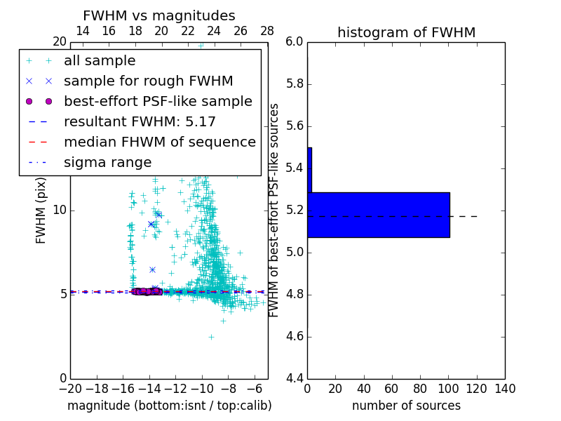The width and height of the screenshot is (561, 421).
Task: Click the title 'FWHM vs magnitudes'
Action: point(159,15)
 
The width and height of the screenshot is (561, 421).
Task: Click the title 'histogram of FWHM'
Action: point(406,32)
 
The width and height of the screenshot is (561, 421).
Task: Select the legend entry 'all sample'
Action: point(100,61)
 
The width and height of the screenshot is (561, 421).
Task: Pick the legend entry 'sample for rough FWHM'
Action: point(148,81)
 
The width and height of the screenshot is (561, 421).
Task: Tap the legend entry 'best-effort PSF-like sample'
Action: point(158,101)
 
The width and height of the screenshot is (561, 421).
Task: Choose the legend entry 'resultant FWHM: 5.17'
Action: point(140,121)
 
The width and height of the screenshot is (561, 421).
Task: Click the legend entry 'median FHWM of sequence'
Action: point(159,142)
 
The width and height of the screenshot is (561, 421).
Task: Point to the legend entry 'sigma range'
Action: point(107,162)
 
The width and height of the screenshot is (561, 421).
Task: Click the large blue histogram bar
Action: point(378,215)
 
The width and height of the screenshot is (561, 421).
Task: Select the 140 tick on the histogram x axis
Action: point(505,389)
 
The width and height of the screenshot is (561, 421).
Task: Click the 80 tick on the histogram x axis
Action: point(420,389)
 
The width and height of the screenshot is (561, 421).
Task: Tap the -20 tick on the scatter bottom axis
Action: point(70,389)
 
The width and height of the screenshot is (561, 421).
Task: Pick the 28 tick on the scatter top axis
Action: point(267,31)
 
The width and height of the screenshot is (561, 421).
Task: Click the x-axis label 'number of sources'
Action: point(406,406)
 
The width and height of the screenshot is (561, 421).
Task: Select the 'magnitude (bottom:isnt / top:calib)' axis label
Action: point(169,406)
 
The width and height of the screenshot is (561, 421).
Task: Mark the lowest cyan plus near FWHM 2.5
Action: point(211,337)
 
